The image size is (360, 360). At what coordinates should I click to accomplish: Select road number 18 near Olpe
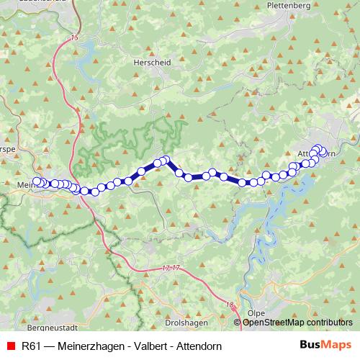click(230, 305)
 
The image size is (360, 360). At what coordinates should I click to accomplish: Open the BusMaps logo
click(326, 346)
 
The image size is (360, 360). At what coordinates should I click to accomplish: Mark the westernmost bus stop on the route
click(37, 182)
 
